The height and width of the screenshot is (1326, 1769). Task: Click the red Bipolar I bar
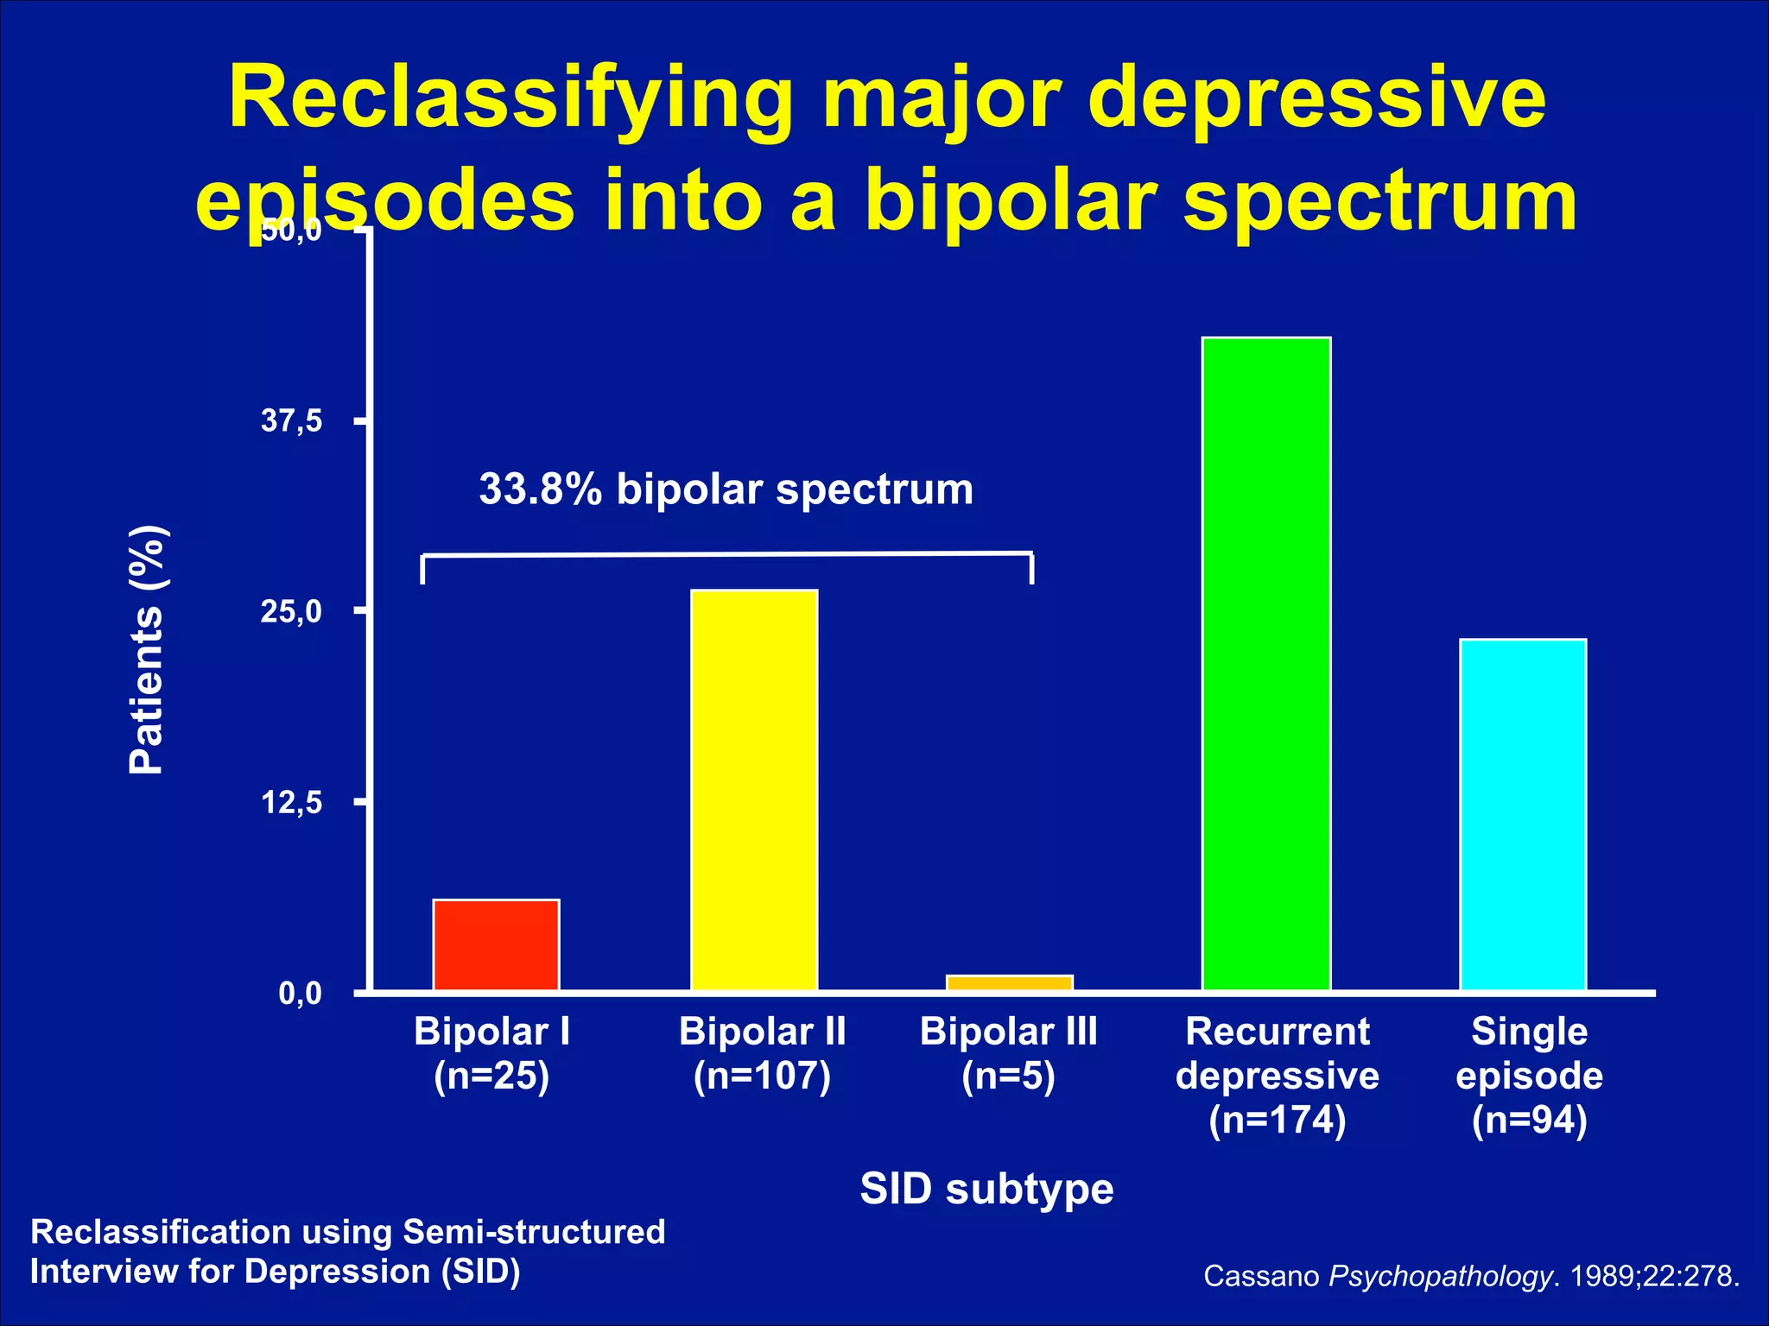496,944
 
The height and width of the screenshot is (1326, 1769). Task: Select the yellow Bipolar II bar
754,790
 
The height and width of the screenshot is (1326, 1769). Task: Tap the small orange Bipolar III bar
1009,982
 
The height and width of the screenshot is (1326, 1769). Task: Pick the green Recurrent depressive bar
1266,663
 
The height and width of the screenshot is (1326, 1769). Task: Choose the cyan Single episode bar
1523,814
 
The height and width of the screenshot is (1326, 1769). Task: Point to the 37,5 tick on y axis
292,421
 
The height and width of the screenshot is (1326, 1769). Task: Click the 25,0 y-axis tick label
292,612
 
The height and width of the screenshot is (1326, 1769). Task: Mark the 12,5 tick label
292,803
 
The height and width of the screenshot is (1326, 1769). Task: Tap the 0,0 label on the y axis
300,994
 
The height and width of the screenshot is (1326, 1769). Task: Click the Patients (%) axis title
147,649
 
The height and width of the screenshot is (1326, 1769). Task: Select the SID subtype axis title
986,1189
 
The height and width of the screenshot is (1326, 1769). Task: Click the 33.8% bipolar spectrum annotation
726,489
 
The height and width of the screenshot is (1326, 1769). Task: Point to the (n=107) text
762,1076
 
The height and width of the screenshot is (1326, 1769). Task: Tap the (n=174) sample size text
1277,1120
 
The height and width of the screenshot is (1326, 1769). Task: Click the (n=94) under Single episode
1529,1120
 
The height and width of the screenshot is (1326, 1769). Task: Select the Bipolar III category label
1008,1032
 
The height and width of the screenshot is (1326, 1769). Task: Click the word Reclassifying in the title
510,99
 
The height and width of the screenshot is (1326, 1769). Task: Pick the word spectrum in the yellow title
1379,201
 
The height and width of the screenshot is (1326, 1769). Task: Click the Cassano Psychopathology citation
1471,1276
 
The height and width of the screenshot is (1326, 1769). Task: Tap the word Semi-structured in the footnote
534,1232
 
